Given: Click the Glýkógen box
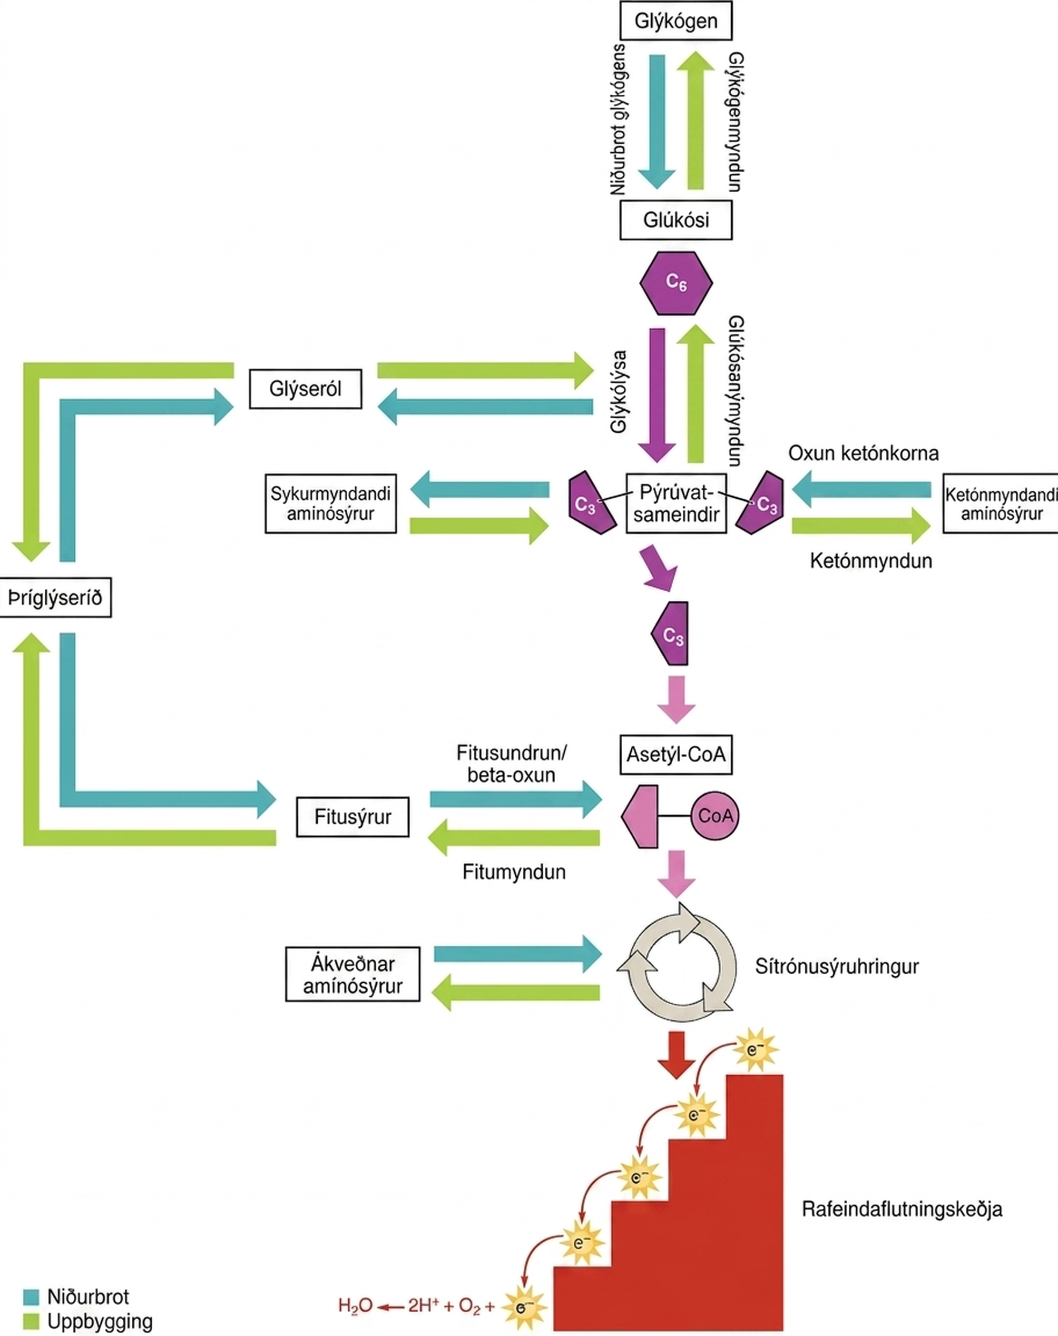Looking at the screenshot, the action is pyautogui.click(x=676, y=20).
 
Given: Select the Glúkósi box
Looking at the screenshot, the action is pyautogui.click(x=676, y=220).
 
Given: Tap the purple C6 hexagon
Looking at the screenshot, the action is pyautogui.click(x=676, y=283).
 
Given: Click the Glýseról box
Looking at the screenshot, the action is pyautogui.click(x=305, y=389).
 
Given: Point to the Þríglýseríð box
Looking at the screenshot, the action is pyautogui.click(x=55, y=598).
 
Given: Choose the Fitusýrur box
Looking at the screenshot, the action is pyautogui.click(x=353, y=817).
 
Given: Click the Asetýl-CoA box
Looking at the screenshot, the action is pyautogui.click(x=676, y=755).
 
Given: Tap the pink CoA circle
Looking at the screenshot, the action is pyautogui.click(x=715, y=816).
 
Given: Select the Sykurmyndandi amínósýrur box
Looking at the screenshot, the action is pyautogui.click(x=331, y=504).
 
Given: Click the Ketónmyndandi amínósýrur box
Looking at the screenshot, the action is pyautogui.click(x=1000, y=504).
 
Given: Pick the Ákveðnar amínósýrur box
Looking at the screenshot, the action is pyautogui.click(x=353, y=974).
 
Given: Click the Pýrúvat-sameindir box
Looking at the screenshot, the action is pyautogui.click(x=676, y=504).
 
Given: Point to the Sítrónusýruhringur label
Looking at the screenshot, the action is pyautogui.click(x=837, y=966).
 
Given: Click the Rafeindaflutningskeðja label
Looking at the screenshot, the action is pyautogui.click(x=902, y=1209).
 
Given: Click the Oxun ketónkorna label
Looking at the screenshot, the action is pyautogui.click(x=863, y=453).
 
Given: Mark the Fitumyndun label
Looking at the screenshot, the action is pyautogui.click(x=514, y=872).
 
